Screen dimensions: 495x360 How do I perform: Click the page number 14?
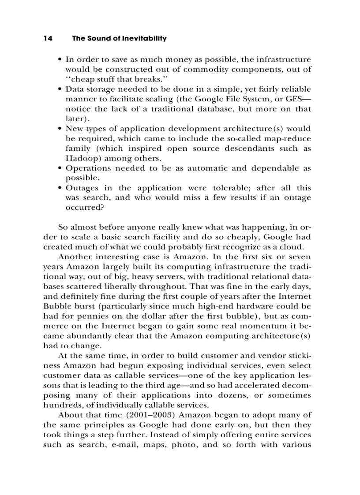[x=48, y=38]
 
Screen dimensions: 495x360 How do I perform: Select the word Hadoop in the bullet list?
[x=82, y=158]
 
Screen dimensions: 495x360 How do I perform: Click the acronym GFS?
[x=299, y=99]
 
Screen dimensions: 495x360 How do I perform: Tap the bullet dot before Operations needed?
[x=60, y=168]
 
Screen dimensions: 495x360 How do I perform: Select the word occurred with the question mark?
[x=85, y=208]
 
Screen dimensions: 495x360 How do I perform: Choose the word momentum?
[x=250, y=326]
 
